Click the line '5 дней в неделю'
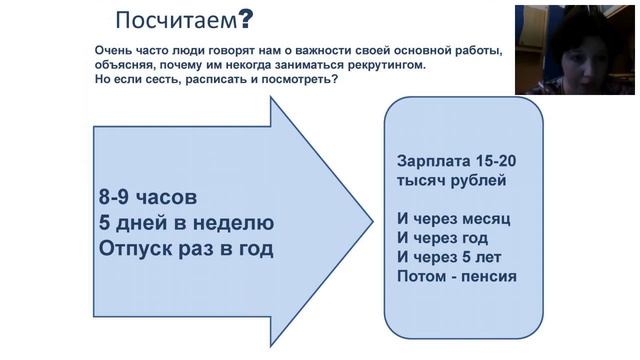pos(186,222)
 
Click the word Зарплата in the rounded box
pos(431,161)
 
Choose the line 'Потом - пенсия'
pos(456,275)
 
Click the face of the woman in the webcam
pos(557,50)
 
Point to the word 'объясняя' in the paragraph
pos(127,65)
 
